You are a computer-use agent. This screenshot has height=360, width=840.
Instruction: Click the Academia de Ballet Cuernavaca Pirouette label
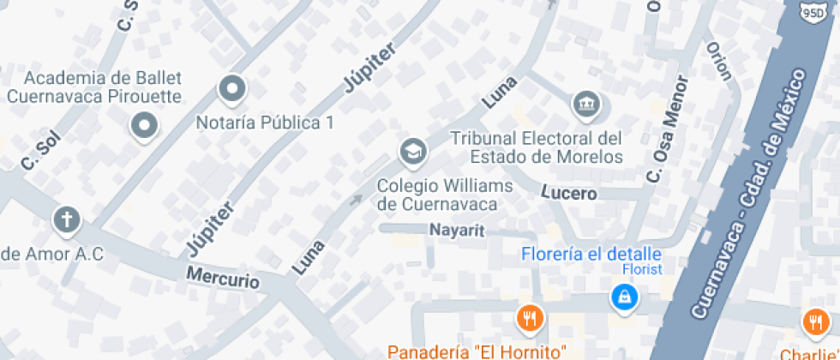click(94, 87)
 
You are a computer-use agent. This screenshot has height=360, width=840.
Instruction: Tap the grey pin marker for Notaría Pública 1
click(232, 88)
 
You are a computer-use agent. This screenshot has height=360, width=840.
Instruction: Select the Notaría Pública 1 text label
click(265, 123)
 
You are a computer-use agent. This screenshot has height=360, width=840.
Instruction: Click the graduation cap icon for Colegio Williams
click(413, 153)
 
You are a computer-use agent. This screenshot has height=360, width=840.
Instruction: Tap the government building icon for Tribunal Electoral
click(586, 105)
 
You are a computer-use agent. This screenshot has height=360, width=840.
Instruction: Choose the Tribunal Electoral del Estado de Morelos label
click(537, 147)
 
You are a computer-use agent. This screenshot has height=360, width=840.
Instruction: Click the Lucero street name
click(569, 194)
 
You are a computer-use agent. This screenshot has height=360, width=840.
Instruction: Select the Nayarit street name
click(457, 230)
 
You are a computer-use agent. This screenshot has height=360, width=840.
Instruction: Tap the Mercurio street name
click(223, 279)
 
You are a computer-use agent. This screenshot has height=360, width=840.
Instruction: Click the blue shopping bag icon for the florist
click(623, 297)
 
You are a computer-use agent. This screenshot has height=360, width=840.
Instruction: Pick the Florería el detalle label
click(591, 255)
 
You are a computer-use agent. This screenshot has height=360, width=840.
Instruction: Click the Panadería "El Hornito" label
click(477, 351)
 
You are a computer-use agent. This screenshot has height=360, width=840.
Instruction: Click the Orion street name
click(719, 60)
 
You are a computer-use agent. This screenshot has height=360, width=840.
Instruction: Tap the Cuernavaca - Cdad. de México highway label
click(751, 196)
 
